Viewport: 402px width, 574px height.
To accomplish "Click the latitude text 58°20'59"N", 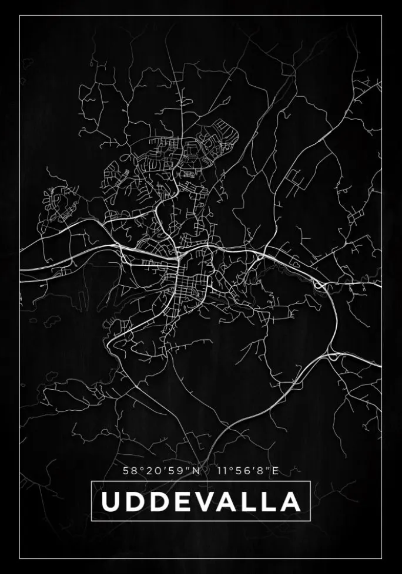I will click(162, 470).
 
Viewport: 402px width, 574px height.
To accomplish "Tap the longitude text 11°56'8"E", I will click(247, 470).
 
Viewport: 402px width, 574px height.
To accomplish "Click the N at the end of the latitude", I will click(196, 470).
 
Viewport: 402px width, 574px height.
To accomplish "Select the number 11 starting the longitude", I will click(223, 470).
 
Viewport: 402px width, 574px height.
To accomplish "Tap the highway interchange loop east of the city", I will click(319, 285).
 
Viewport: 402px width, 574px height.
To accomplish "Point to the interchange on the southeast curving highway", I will click(333, 356).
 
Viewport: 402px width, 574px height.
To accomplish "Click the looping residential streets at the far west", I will click(59, 200).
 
